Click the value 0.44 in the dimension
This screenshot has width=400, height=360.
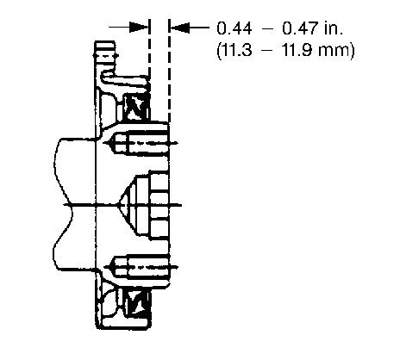[x=234, y=28]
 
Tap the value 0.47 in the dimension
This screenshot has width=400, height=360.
[x=300, y=28]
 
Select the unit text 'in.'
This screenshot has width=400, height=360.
[x=334, y=28]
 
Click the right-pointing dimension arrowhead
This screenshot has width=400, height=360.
[x=139, y=28]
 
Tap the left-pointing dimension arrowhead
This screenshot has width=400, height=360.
[x=179, y=28]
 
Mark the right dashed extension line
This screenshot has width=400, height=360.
[x=169, y=71]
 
